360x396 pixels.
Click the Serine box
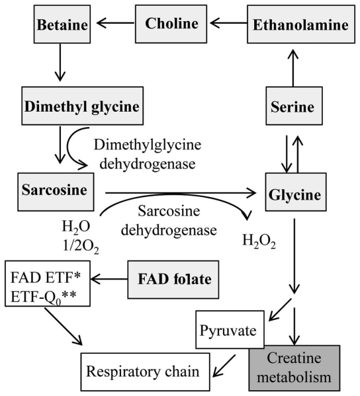pyautogui.click(x=291, y=106)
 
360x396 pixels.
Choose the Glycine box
pyautogui.click(x=295, y=194)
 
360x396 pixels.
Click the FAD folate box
pyautogui.click(x=173, y=279)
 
